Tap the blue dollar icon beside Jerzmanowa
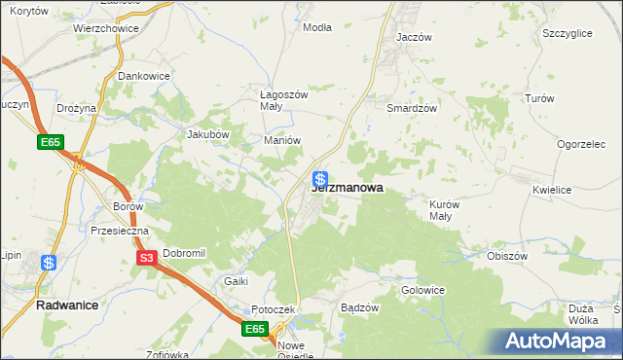(x=320, y=180)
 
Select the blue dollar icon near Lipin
(x=49, y=262)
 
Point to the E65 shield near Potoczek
(x=255, y=330)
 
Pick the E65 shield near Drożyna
(x=52, y=143)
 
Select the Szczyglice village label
(x=568, y=33)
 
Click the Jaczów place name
(x=414, y=36)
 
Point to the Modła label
(x=317, y=27)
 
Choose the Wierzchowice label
(x=106, y=29)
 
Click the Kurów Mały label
(x=445, y=210)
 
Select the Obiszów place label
(x=506, y=256)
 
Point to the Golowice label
(x=423, y=290)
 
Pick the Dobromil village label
(x=184, y=253)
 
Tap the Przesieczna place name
(x=119, y=231)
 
